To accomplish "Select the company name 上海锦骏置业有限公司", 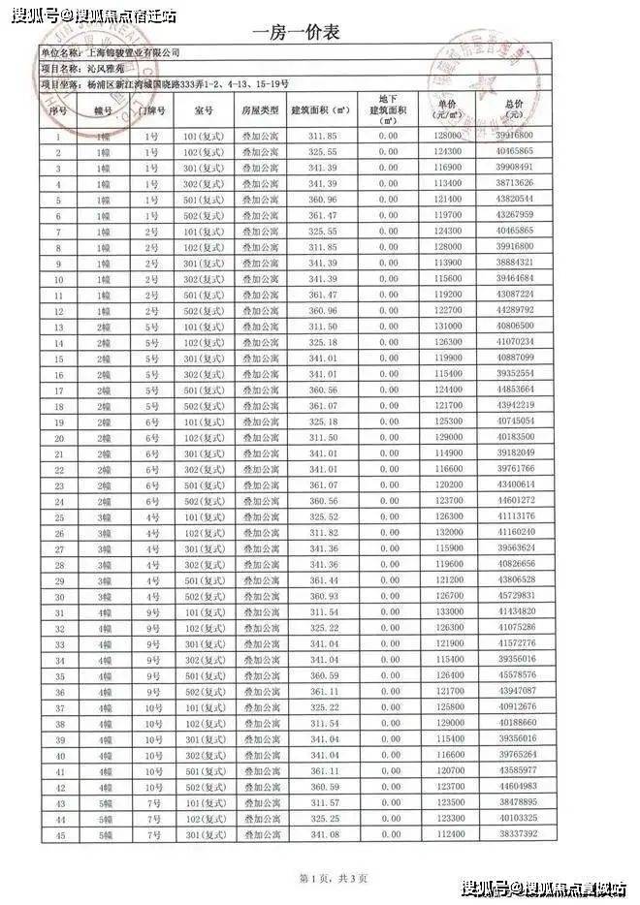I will pos(133,53).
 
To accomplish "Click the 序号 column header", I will pos(58,110).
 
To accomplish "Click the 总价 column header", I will pos(513,109).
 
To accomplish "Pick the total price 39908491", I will pos(513,168).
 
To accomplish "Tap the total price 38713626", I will pos(513,183).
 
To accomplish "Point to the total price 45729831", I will pos(513,596).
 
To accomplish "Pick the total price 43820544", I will pos(513,199).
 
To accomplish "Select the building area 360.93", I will pos(323,596).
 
